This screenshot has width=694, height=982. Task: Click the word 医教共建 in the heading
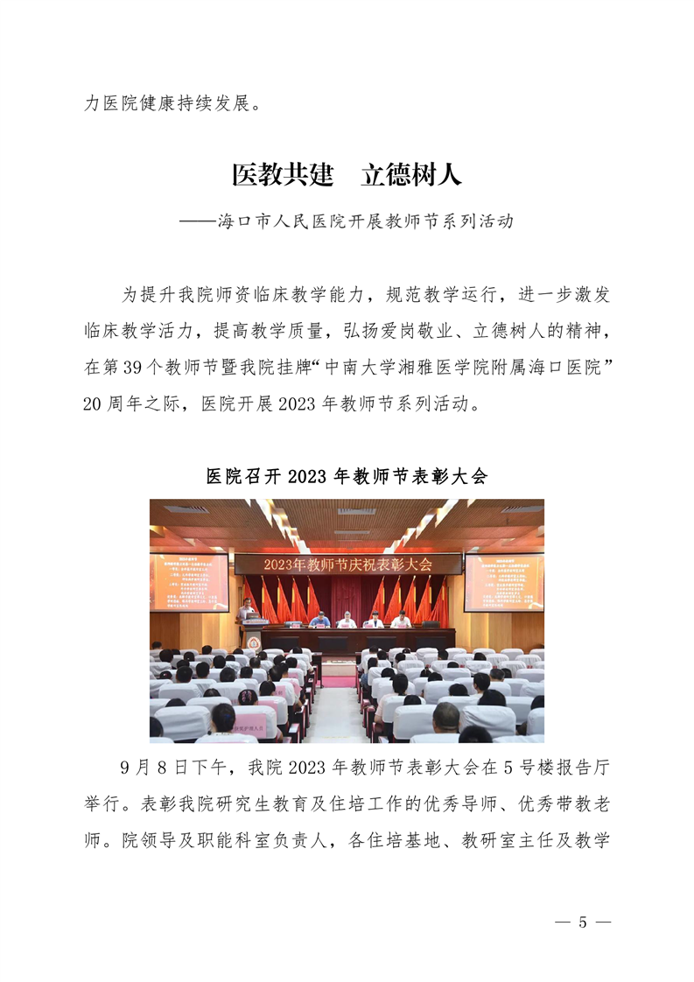pos(283,175)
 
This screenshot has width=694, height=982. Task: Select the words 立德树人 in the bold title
pos(411,175)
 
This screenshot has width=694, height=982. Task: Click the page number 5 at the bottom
pos(582,923)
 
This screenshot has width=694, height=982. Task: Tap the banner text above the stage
pos(347,565)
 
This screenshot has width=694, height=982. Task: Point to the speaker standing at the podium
pos(249,607)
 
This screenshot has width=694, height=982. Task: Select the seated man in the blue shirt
pos(319,620)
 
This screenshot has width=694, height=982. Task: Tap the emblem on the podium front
pos(254,639)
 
